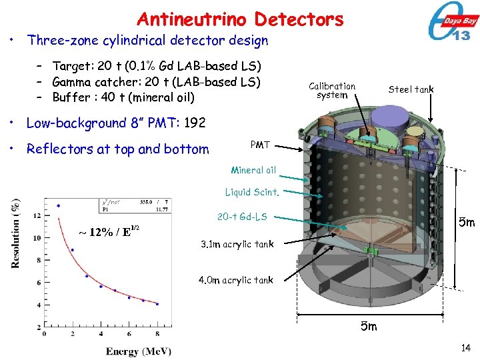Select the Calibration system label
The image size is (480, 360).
(x=332, y=90)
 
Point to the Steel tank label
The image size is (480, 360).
(x=411, y=89)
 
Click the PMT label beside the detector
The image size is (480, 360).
(x=260, y=145)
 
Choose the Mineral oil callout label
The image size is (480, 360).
(x=253, y=170)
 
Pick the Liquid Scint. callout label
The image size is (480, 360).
(x=252, y=193)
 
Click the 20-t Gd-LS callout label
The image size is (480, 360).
(x=242, y=217)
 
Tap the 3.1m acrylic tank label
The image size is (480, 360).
(x=237, y=244)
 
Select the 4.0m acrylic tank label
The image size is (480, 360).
(x=237, y=280)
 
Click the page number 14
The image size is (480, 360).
(x=465, y=347)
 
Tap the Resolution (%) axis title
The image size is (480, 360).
(x=15, y=233)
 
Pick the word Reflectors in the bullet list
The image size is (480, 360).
(x=59, y=149)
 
